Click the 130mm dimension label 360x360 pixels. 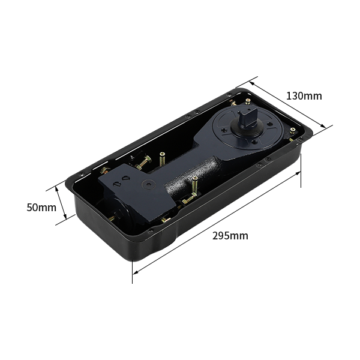304,96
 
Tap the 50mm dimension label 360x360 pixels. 41,208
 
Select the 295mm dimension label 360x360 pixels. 230,236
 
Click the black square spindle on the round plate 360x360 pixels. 245,117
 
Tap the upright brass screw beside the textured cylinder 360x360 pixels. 194,185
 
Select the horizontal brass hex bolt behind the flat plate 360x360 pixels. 143,163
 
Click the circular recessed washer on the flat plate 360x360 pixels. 148,185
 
